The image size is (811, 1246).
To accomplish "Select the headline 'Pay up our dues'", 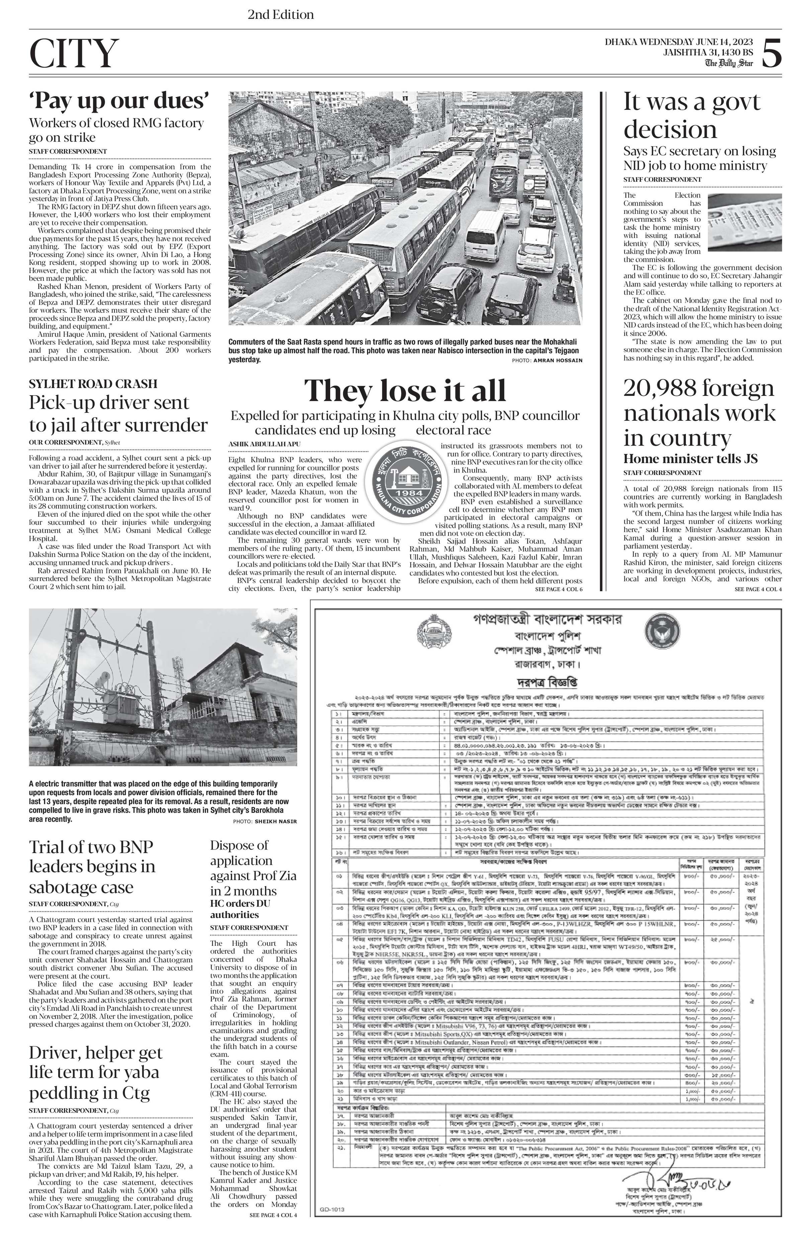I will [119, 100].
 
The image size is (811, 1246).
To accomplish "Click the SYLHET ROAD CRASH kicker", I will [93, 384].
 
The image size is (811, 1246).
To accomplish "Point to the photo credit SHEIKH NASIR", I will [276, 821].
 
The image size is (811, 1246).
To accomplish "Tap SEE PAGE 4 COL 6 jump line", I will [558, 589].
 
